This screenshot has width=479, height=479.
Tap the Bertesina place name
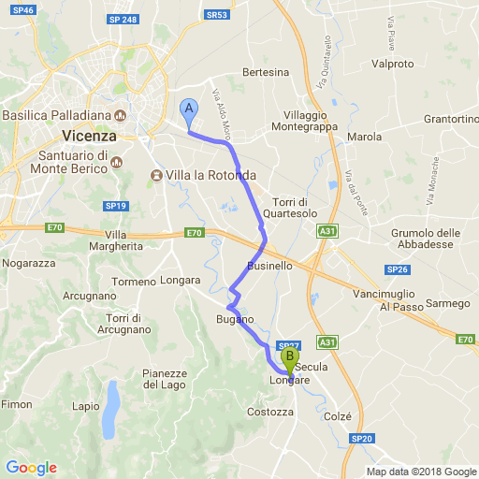[x=266, y=72]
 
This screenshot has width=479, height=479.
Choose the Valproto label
[x=392, y=64]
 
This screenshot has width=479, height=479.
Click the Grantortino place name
[x=451, y=120]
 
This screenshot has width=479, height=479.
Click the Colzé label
[x=337, y=416]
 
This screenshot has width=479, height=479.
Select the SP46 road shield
[x=25, y=10]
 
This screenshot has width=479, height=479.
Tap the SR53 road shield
[x=216, y=15]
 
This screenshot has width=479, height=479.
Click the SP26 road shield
[x=398, y=269]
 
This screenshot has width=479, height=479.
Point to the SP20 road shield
[x=363, y=438]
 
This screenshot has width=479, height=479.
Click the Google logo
[x=31, y=468]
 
